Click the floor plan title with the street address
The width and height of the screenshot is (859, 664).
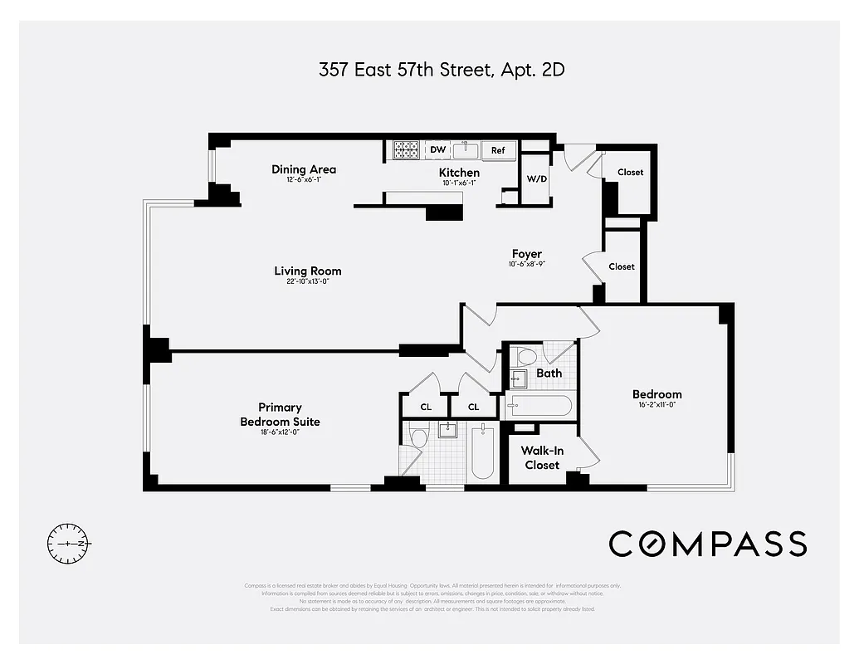[442, 70]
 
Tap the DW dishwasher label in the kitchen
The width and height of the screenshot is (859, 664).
[437, 150]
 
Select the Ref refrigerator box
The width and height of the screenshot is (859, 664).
[498, 150]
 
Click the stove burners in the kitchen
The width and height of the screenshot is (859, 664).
[406, 150]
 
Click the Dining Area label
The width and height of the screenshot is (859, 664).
[304, 169]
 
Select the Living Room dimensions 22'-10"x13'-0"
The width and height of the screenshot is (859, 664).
[308, 282]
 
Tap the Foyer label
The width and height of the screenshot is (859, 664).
[526, 254]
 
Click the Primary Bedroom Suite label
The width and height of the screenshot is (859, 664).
[280, 414]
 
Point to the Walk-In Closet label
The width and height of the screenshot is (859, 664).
[542, 457]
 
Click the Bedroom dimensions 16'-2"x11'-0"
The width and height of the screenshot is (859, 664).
[656, 406]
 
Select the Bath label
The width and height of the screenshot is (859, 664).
[549, 373]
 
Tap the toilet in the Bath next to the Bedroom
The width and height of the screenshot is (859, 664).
[526, 357]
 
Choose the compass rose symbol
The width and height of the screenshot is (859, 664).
[70, 544]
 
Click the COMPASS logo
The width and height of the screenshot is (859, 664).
[707, 544]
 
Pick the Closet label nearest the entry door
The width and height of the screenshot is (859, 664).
[630, 173]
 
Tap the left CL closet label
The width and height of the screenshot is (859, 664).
[426, 407]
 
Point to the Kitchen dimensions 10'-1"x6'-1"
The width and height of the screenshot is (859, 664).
[459, 183]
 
